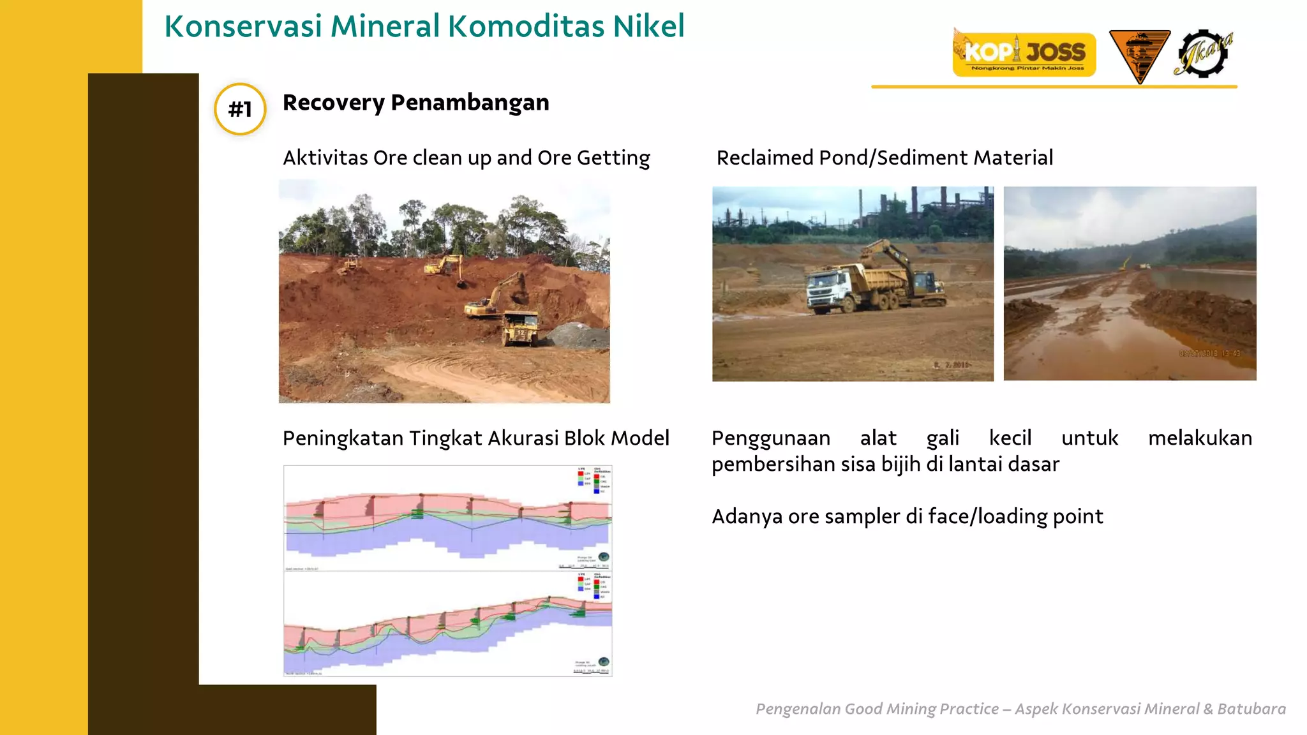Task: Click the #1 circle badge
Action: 240,109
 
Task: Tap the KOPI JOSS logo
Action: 1024,54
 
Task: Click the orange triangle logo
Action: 1139,55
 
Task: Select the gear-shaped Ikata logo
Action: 1204,54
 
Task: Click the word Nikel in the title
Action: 648,26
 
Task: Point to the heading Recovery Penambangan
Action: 415,102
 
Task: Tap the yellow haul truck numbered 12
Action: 520,328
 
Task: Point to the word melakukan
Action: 1200,438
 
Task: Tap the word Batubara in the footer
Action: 1251,709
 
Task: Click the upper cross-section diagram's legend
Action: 594,480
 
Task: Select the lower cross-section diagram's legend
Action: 594,586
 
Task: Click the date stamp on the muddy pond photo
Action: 1209,353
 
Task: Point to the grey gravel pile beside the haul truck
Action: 578,335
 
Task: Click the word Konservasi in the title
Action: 243,26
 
